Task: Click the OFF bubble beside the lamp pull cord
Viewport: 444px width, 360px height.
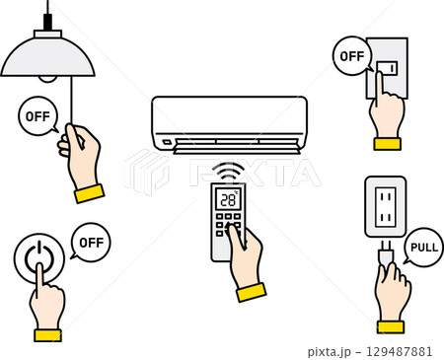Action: tap(38, 116)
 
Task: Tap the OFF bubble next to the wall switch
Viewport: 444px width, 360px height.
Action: tap(352, 56)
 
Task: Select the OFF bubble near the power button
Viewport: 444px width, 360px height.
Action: tap(91, 243)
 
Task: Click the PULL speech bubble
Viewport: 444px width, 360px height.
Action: tap(423, 247)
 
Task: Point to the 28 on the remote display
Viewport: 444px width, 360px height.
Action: tap(228, 200)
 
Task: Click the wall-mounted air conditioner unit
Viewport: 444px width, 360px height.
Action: tap(229, 125)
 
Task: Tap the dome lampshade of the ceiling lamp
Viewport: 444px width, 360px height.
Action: tap(47, 56)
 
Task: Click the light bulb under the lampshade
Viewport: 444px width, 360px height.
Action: tap(47, 79)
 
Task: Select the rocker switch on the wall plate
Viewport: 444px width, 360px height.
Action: tap(387, 68)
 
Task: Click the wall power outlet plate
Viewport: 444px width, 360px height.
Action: tap(386, 206)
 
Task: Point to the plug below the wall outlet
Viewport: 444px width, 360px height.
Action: tap(387, 253)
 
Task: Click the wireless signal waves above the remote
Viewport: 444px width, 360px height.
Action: tap(229, 172)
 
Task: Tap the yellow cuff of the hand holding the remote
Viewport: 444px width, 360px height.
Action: tap(252, 292)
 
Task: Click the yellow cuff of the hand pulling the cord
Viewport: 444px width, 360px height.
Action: tap(89, 193)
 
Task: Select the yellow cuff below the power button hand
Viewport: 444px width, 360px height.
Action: tap(48, 335)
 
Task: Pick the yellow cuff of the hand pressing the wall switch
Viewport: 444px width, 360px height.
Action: tap(388, 144)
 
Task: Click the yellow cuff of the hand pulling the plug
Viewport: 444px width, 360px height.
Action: tap(391, 327)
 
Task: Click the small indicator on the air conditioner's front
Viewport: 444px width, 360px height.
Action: tap(167, 142)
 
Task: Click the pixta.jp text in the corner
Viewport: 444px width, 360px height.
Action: tap(330, 352)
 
